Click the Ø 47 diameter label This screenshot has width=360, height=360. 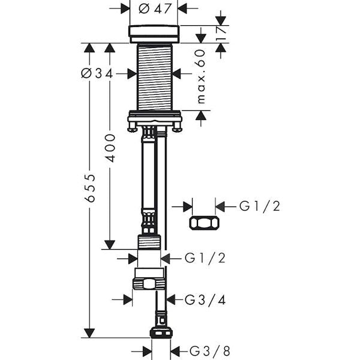[155, 9]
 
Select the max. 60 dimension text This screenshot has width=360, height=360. [201, 77]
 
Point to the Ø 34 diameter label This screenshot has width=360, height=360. [97, 74]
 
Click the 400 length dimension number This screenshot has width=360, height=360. [110, 148]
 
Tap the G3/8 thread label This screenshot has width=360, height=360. [209, 351]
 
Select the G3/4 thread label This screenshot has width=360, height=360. [205, 300]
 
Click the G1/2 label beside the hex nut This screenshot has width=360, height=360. [260, 206]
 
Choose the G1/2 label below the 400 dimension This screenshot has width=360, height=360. [205, 258]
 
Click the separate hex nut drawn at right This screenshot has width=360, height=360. [204, 223]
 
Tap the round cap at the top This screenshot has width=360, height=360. [154, 34]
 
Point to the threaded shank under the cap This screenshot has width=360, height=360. [154, 77]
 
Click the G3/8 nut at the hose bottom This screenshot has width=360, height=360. [161, 333]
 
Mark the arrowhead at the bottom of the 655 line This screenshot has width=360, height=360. [89, 333]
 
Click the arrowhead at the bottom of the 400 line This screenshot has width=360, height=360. [110, 245]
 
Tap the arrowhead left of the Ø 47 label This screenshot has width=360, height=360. [125, 8]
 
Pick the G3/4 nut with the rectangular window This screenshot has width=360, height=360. [149, 284]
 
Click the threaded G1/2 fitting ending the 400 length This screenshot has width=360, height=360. [149, 242]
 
